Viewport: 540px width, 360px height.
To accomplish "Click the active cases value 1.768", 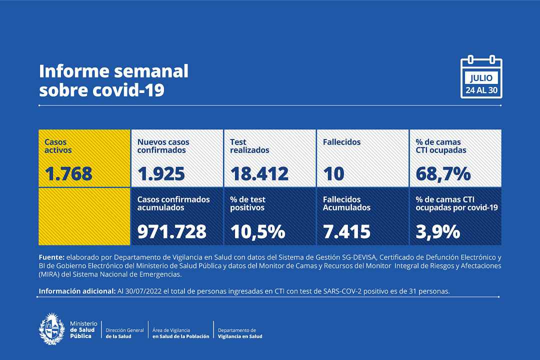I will point(68,174).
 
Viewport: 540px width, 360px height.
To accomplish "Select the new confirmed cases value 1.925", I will point(161,174).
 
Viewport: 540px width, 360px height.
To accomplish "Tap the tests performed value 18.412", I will point(259,174).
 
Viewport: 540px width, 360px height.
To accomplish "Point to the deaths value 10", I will point(333,174).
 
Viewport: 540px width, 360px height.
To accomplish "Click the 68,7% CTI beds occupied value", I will point(443,174).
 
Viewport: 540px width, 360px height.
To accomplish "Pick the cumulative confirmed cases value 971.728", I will point(171,231).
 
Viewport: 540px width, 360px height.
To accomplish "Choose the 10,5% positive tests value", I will point(257,231).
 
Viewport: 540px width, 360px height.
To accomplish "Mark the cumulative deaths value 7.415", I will point(346,231).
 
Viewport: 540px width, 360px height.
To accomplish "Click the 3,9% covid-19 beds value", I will point(438,231).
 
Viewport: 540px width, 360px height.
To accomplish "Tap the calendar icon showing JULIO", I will point(481,77).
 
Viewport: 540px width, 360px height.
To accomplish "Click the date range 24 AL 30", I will point(481,90).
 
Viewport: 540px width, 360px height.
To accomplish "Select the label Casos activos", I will point(58,146).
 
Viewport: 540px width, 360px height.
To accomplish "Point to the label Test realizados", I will point(249,146).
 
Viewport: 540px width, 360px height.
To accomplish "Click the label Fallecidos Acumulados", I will point(346,203).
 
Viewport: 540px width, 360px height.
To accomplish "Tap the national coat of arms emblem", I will point(52,329).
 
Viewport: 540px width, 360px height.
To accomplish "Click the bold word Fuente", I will point(51,257).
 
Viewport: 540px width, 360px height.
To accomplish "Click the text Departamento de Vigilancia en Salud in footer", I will point(240,333).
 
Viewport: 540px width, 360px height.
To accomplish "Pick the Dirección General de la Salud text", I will point(124,333).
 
